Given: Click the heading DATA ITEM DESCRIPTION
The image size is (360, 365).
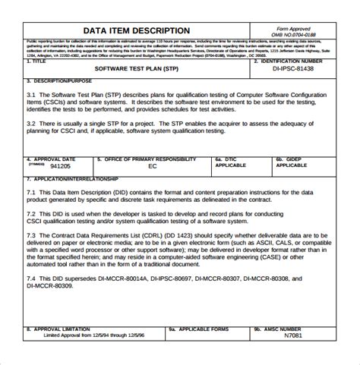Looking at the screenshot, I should (137, 30).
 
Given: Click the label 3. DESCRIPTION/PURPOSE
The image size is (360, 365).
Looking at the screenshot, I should (61, 80).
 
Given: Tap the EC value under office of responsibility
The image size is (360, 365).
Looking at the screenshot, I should (152, 165).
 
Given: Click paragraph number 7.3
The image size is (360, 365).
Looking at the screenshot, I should (33, 235).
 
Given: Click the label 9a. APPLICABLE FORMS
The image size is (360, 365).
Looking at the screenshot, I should (198, 329).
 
